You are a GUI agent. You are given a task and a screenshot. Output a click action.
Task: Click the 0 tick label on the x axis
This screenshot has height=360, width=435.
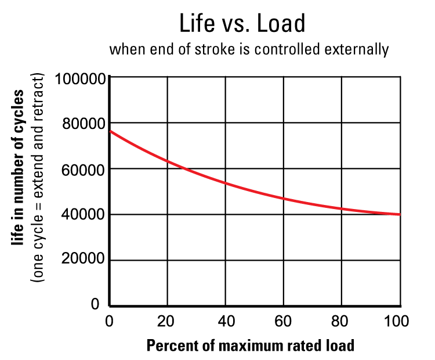pyautogui.click(x=110, y=321)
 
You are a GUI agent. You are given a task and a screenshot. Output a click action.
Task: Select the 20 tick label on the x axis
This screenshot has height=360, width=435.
pyautogui.click(x=167, y=321)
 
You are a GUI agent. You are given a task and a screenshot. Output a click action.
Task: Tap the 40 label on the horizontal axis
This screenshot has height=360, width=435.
pyautogui.click(x=226, y=321)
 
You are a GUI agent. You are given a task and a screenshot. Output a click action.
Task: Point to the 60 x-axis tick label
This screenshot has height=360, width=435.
pyautogui.click(x=284, y=321)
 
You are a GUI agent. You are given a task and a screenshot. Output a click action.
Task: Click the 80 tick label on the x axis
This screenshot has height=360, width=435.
pyautogui.click(x=342, y=321)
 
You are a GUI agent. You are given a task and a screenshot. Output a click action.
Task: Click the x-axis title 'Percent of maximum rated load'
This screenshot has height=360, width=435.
pyautogui.click(x=250, y=345)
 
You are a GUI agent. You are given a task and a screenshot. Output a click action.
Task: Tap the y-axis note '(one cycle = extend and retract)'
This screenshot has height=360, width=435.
pyautogui.click(x=38, y=178)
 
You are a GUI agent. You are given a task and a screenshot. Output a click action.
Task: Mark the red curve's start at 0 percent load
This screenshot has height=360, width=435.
pyautogui.click(x=110, y=131)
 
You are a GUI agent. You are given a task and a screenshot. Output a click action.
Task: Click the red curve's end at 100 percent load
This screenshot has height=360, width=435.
pyautogui.click(x=400, y=214)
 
